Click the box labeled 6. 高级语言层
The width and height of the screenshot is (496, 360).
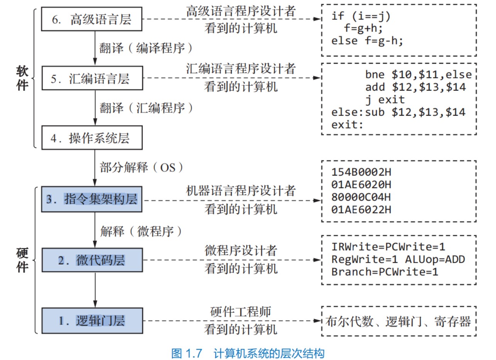pyautogui.click(x=92, y=19)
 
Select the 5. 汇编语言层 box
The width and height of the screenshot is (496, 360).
pyautogui.click(x=92, y=79)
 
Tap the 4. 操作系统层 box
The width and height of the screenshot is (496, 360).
pyautogui.click(x=92, y=138)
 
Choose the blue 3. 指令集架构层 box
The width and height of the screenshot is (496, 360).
pyautogui.click(x=92, y=199)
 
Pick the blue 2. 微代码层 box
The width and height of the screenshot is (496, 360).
pyautogui.click(x=92, y=260)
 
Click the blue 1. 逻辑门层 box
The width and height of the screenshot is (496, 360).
pyautogui.click(x=92, y=320)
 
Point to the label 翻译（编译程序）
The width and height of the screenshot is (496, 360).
pyautogui.click(x=146, y=48)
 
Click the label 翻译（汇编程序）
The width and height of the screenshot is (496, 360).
pyautogui.click(x=146, y=108)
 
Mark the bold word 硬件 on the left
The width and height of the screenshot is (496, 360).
pyautogui.click(x=22, y=260)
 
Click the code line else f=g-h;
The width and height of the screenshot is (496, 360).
pyautogui.click(x=367, y=41)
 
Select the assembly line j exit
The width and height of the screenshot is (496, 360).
pyautogui.click(x=385, y=100)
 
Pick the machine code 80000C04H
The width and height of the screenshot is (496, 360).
pyautogui.click(x=361, y=197)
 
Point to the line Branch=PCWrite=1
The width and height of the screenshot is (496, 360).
pyautogui.click(x=385, y=271)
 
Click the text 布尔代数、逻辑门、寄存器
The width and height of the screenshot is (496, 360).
pyautogui.click(x=398, y=321)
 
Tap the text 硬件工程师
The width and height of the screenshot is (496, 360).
pyautogui.click(x=240, y=311)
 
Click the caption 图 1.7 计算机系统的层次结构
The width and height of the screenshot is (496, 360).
pyautogui.click(x=248, y=353)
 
